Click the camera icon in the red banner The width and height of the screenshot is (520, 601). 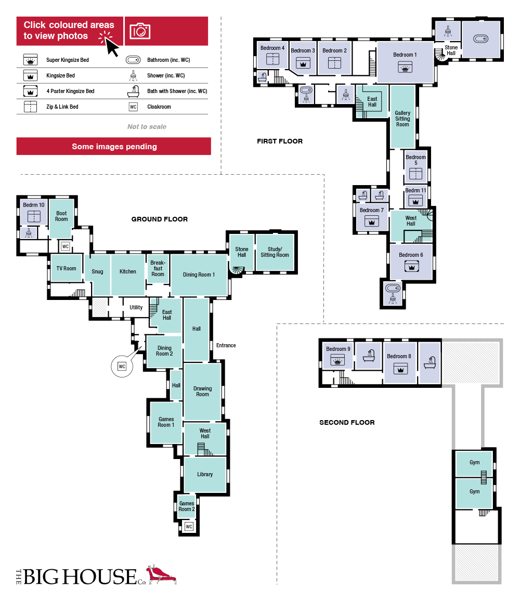click(x=139, y=31)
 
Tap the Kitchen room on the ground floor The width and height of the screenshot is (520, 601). click(x=128, y=275)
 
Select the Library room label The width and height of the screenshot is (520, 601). click(x=205, y=474)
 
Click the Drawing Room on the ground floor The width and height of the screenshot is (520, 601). click(x=202, y=391)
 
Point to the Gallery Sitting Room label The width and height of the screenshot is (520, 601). click(x=402, y=119)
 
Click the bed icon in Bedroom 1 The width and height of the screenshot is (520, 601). click(x=405, y=68)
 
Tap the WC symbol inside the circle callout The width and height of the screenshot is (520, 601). click(x=122, y=367)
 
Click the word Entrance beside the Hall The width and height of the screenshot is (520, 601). click(x=226, y=345)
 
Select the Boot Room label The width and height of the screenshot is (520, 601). click(x=61, y=216)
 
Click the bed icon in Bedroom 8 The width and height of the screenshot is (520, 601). click(x=400, y=369)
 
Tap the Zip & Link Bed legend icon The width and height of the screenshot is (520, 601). click(x=30, y=107)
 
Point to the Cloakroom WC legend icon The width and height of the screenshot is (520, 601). click(x=133, y=107)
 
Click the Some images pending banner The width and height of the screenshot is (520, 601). click(x=114, y=146)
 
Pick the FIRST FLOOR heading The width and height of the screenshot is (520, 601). click(x=280, y=141)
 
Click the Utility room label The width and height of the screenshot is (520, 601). click(x=136, y=307)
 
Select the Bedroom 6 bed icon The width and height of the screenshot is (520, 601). click(x=411, y=266)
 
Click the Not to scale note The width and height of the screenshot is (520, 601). click(x=147, y=126)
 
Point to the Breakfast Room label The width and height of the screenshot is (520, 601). click(x=158, y=268)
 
